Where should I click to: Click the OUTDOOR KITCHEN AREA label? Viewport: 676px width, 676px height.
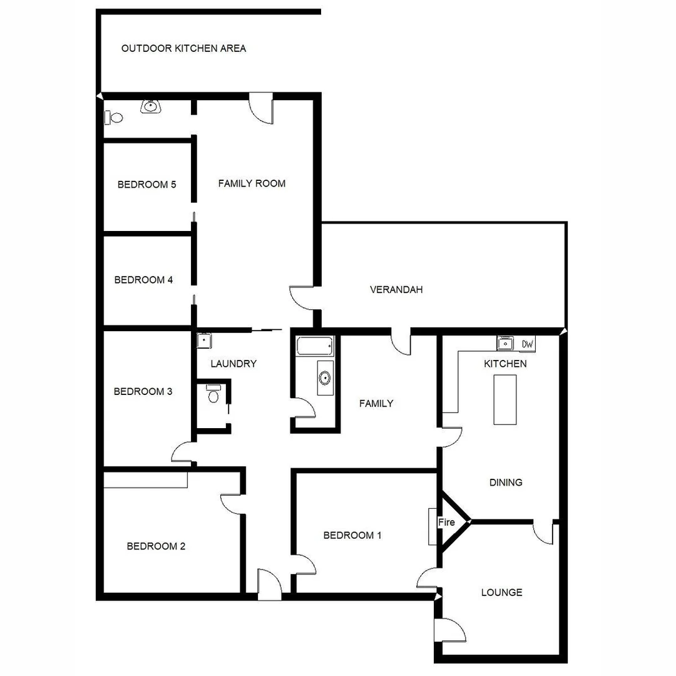click(183, 48)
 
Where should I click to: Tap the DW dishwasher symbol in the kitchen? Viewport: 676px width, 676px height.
click(528, 344)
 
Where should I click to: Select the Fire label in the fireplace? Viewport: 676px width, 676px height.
click(446, 522)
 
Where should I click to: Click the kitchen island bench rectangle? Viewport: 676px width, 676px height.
click(505, 399)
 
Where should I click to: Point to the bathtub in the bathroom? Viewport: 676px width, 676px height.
click(315, 346)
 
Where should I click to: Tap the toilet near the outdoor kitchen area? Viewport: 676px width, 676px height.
click(115, 117)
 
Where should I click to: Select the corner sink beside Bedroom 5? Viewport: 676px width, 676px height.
click(150, 106)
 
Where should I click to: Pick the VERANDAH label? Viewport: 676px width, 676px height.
click(396, 290)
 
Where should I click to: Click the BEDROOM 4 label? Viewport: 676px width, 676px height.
click(143, 280)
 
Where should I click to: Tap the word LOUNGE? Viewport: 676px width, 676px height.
click(501, 592)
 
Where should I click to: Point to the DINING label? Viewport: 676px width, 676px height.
click(506, 483)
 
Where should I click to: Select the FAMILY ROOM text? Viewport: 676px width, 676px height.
click(252, 183)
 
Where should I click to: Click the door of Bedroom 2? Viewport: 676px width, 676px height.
click(232, 503)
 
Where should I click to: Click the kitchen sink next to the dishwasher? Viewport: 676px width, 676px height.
click(505, 343)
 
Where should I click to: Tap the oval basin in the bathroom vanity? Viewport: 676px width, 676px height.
click(325, 377)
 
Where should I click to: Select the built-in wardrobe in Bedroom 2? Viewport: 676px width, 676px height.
click(145, 479)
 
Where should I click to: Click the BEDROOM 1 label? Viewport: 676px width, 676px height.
click(352, 535)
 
